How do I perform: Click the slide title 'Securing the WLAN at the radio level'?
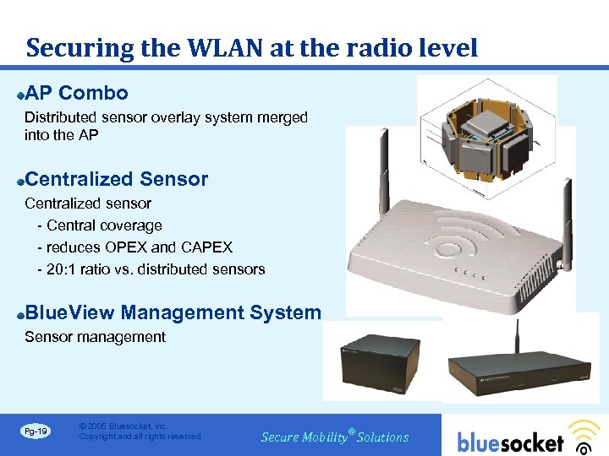click(252, 47)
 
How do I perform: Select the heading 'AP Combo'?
click(77, 93)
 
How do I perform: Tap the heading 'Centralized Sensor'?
click(117, 179)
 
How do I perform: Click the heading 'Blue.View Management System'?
click(173, 312)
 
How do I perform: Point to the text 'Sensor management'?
click(95, 337)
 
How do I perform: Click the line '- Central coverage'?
click(100, 225)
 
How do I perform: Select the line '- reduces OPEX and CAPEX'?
click(134, 247)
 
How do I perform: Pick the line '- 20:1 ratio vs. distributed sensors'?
click(151, 269)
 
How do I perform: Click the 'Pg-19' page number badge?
click(36, 432)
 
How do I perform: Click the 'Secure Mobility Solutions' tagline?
click(335, 437)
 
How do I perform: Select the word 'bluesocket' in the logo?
click(510, 442)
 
